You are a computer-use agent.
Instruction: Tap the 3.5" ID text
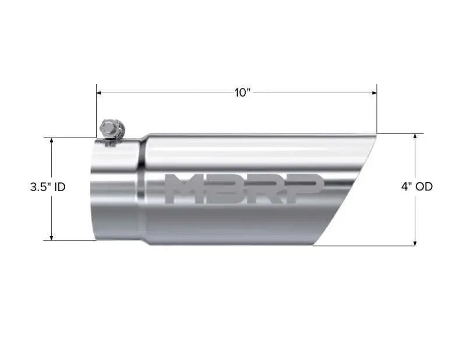[x=48, y=188]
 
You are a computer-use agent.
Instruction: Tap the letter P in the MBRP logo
[x=303, y=189]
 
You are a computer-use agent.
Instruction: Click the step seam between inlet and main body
[x=142, y=189]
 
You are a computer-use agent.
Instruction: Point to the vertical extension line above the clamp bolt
[x=97, y=111]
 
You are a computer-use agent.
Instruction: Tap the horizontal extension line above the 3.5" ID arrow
[x=70, y=138]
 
